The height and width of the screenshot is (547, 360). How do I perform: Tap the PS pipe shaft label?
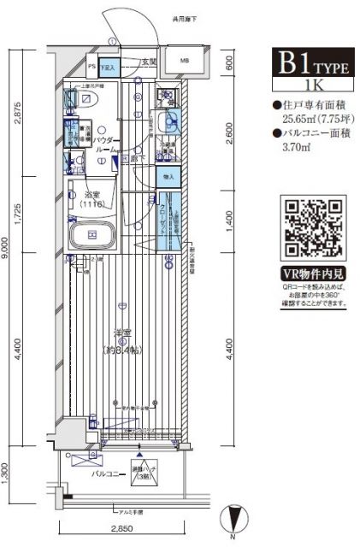click(x=91, y=63)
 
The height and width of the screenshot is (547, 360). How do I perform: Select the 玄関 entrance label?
click(x=149, y=61)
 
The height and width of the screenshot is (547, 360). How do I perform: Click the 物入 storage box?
click(x=167, y=177)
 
